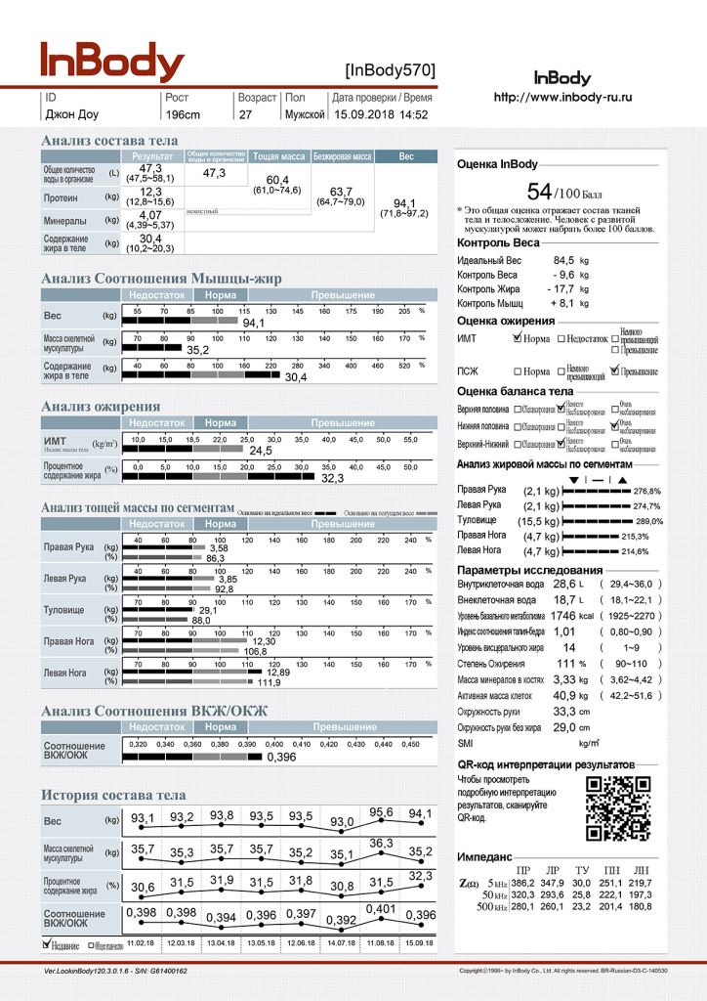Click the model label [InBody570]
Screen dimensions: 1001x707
(390, 69)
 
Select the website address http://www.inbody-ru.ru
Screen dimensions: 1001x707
(562, 98)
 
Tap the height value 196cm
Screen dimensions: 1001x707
(183, 114)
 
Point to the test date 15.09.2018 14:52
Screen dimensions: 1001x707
(381, 114)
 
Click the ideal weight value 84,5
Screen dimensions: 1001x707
(563, 261)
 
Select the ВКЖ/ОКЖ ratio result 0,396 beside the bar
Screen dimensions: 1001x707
(281, 757)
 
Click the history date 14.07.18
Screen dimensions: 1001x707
(341, 942)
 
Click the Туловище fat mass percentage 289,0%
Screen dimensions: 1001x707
(649, 521)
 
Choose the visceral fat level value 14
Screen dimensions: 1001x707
(568, 647)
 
